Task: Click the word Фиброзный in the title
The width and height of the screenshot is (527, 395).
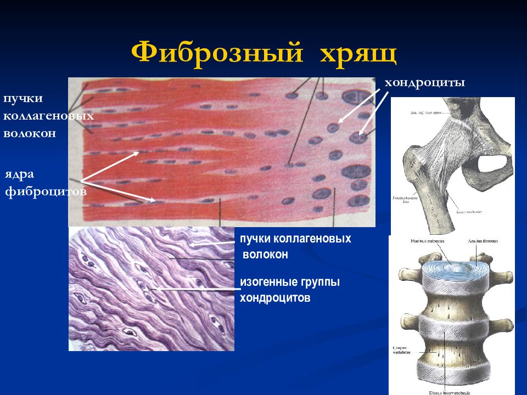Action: pos(217,54)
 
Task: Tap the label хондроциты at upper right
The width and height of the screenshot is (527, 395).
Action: pos(424,83)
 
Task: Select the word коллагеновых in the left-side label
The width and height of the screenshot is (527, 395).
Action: pos(48,116)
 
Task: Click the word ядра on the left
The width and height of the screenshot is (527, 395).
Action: pos(20,174)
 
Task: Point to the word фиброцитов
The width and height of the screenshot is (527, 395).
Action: pos(46,192)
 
